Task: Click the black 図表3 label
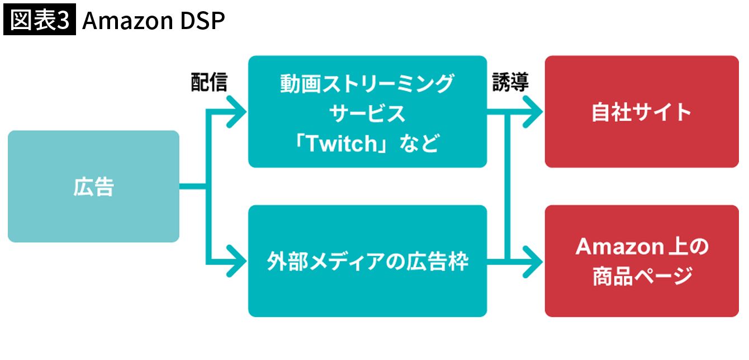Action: tap(39, 21)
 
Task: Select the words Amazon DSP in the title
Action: tap(153, 21)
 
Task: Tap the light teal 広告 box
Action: tap(93, 186)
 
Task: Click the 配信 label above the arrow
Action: tap(209, 83)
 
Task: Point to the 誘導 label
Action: tap(510, 83)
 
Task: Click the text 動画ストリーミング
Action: tap(367, 84)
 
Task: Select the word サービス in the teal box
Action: tap(367, 114)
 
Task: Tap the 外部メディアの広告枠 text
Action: tap(367, 261)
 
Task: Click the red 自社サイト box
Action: tap(641, 112)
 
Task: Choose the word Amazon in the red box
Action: tap(613, 246)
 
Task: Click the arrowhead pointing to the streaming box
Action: tap(238, 111)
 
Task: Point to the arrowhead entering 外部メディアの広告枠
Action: tap(238, 261)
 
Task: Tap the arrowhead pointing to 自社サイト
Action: tap(534, 111)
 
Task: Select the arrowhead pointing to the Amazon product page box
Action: tap(534, 261)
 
